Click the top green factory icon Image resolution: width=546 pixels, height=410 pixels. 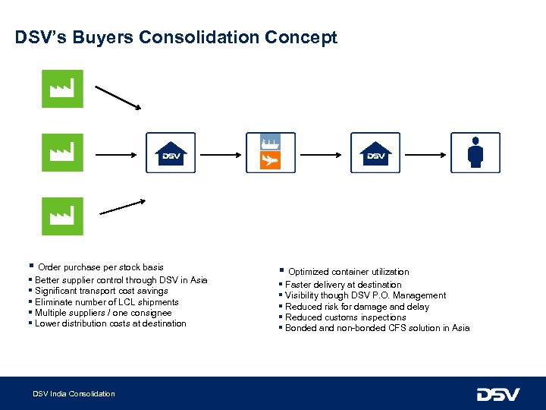tap(62, 89)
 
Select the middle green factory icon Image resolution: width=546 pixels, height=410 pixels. tap(62, 153)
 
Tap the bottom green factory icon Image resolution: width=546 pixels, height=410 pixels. tap(62, 216)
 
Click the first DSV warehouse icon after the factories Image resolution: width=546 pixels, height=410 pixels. tap(171, 153)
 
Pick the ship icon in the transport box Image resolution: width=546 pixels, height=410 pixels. tap(270, 142)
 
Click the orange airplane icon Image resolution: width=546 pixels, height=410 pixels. tap(270, 160)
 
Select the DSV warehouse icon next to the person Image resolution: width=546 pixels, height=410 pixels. tap(375, 153)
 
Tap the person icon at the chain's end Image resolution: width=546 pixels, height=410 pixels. tap(475, 153)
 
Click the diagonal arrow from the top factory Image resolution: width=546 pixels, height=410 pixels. tap(118, 96)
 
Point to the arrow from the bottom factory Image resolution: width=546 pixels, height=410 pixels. tap(122, 205)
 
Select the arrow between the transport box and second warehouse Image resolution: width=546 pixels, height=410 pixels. tap(322, 154)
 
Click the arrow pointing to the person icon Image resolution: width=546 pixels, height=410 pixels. tap(425, 154)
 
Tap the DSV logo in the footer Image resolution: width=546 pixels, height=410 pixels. tap(497, 394)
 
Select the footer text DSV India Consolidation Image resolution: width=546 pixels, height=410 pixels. tap(74, 393)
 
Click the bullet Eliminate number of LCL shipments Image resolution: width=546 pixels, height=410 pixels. tap(107, 302)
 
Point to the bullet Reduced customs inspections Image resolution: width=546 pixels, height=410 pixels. tap(345, 317)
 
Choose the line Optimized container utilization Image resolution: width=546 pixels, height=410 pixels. tap(348, 272)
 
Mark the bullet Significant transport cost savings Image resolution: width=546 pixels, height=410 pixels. tap(102, 291)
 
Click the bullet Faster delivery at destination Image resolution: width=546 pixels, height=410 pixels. tap(343, 285)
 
